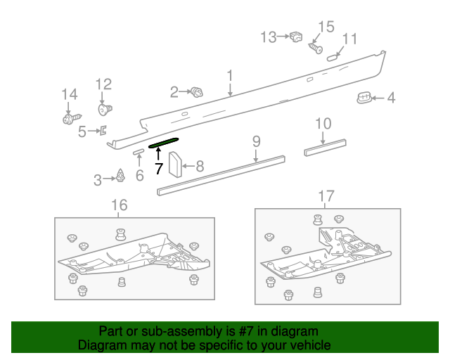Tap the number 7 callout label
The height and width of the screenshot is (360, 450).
pos(159,169)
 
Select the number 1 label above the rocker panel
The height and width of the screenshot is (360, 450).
pos(230,75)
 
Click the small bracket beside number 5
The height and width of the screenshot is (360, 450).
pos(103,130)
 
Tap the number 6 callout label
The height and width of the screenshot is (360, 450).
pos(139,175)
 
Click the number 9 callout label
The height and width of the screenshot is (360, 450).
pos(257,143)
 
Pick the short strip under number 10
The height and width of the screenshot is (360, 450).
pos(325,148)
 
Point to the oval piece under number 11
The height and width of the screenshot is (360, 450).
pos(334,56)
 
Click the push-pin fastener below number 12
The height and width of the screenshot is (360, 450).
pos(105,110)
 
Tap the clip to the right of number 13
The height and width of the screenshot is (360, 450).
pos(295,37)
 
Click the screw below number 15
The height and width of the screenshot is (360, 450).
pos(315,49)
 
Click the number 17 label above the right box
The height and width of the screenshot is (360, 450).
pos(326,195)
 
